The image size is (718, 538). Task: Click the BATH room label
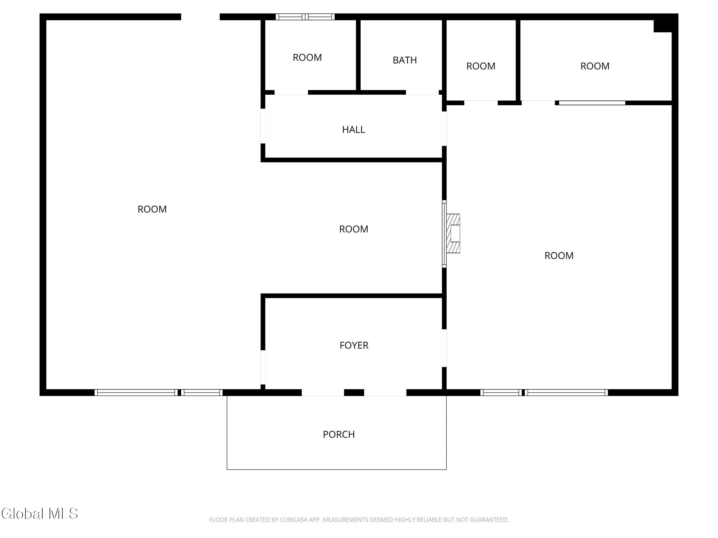tap(404, 60)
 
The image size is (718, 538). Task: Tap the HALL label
tap(354, 130)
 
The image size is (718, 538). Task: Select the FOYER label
tap(354, 345)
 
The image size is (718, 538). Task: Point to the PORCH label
tap(339, 434)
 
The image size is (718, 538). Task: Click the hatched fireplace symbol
tap(453, 234)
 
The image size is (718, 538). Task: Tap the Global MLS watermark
tap(40, 513)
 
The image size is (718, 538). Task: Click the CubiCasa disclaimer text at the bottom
tap(359, 520)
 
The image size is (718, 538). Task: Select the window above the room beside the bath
tap(305, 17)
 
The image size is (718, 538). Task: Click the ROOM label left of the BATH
tap(307, 57)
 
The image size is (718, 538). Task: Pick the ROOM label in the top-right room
tap(595, 66)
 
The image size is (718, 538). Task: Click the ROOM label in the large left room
tap(152, 209)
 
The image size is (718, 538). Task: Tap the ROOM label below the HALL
tap(354, 229)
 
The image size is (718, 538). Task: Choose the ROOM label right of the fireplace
tap(559, 256)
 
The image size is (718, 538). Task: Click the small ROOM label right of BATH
tap(481, 66)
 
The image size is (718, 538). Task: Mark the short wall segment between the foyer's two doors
tap(354, 393)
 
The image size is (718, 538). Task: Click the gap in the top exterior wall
tap(200, 17)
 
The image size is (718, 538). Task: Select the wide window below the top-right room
tap(592, 103)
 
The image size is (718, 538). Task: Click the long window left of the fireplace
tap(444, 234)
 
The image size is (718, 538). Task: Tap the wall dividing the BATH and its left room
tap(358, 55)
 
